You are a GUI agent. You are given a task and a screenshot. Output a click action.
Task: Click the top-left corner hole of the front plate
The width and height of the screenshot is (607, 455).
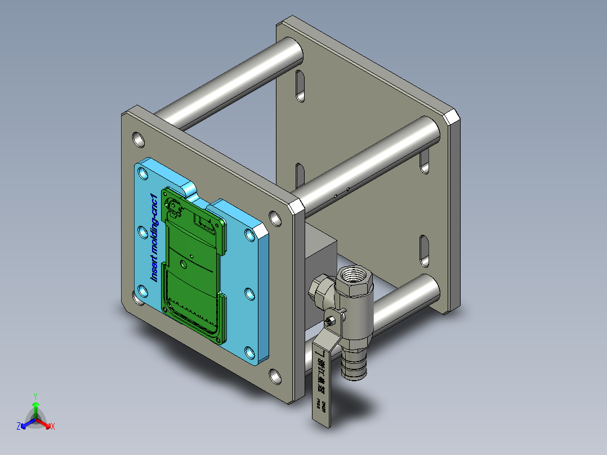click(x=138, y=139)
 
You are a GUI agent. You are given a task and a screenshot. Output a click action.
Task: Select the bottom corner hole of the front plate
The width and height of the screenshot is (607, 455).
click(x=276, y=376)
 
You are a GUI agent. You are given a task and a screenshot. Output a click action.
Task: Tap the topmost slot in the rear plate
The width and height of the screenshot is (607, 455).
click(x=300, y=86)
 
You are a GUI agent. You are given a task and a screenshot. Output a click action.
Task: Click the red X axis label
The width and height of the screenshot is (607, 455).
click(x=52, y=427)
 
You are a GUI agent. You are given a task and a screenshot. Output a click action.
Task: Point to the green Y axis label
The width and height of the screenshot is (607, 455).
click(x=35, y=396)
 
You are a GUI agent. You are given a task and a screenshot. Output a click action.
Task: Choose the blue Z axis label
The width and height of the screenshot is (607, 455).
click(x=19, y=427)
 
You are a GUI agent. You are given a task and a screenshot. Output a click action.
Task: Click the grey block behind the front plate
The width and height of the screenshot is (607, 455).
click(x=319, y=253)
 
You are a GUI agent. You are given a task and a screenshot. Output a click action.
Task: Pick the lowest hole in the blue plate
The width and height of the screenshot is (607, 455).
click(x=249, y=353)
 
